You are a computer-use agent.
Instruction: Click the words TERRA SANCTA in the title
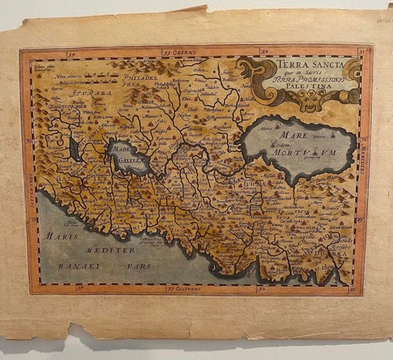(303, 65)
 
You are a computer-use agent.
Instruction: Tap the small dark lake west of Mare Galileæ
(74, 148)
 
